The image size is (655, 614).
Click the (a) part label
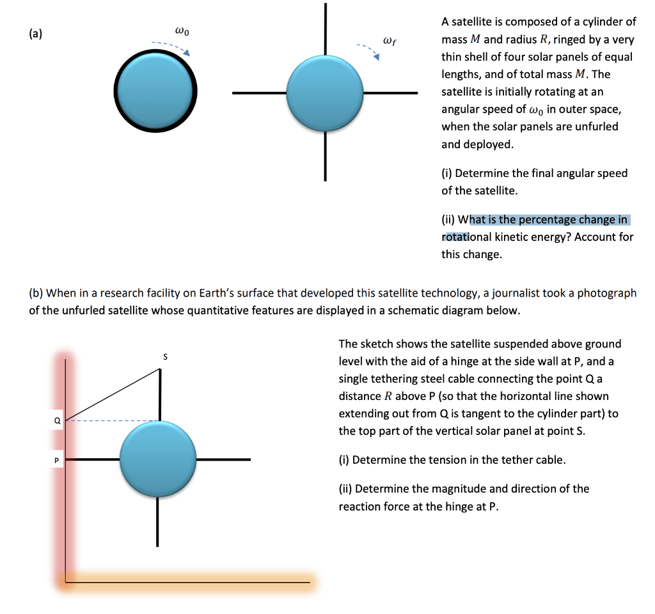tap(36, 35)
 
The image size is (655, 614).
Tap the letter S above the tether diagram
tap(164, 357)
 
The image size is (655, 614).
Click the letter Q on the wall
tap(57, 420)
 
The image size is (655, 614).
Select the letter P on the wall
tap(57, 460)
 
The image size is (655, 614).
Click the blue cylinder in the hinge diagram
tap(157, 459)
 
